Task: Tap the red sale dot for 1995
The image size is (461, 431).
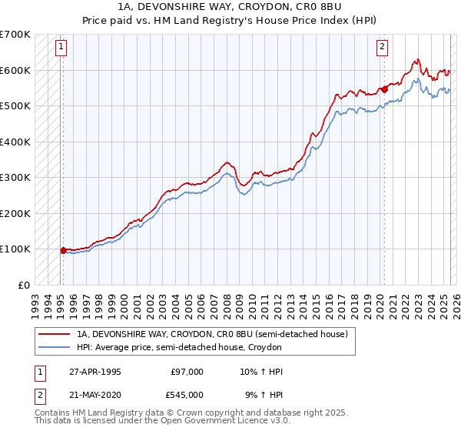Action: (x=63, y=250)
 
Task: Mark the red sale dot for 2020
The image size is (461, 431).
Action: (x=384, y=89)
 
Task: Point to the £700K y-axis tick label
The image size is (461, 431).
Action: (x=15, y=35)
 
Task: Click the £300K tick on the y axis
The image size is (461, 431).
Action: (x=15, y=178)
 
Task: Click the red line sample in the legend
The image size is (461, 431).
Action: (x=55, y=334)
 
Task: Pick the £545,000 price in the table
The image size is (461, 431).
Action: (x=187, y=394)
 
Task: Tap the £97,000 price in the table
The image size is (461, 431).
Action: (x=187, y=372)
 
